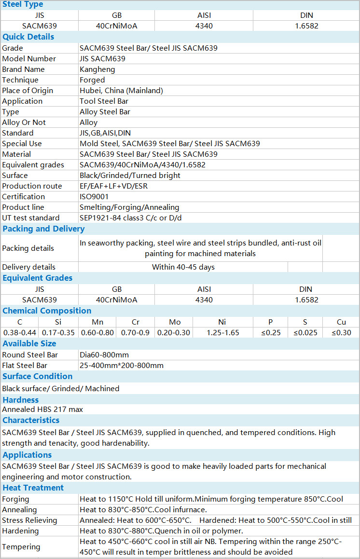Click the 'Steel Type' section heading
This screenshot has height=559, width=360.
coord(23,5)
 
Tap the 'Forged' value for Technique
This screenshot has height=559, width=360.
coord(92,80)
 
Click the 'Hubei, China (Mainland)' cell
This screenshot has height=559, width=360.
coord(121,91)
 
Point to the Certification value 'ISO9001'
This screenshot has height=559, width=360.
coord(94,197)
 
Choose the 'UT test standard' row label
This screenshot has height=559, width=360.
coord(31,218)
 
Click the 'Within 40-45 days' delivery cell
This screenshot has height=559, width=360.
coord(183,267)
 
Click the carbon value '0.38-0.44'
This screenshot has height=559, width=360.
coord(20,333)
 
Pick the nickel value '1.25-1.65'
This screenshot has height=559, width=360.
coord(223,333)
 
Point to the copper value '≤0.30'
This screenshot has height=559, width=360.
coord(341,333)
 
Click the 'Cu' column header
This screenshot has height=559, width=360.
coord(341,322)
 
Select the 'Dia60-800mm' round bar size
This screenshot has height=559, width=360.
coord(104,355)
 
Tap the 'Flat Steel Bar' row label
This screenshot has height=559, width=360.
coord(25,366)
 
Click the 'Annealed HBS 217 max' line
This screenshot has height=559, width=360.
coord(42,409)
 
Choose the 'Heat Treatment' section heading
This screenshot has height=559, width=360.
coord(33,488)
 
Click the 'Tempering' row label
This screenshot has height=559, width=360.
coord(21,547)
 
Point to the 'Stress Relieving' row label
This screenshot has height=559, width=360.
coord(29,520)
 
